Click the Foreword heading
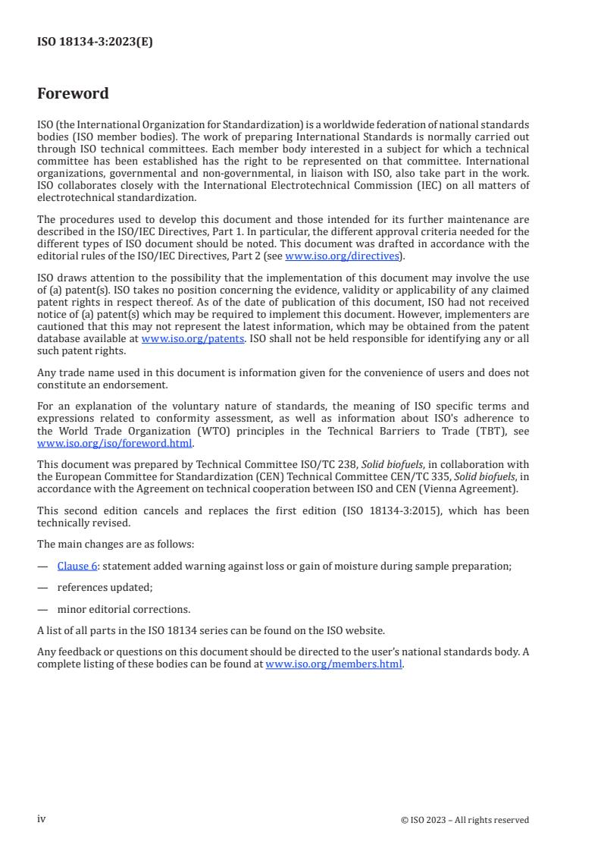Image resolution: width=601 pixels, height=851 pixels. (73, 94)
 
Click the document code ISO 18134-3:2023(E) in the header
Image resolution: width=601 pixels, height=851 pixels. (95, 42)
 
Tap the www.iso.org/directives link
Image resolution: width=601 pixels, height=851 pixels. (341, 256)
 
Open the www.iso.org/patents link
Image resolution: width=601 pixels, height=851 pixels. (193, 338)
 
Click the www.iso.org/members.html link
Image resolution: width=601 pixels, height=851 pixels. (334, 664)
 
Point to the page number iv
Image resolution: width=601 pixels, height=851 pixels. (42, 819)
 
